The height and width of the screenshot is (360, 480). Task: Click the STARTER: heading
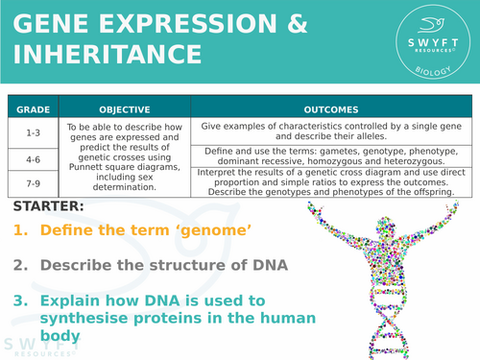[x=48, y=206]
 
